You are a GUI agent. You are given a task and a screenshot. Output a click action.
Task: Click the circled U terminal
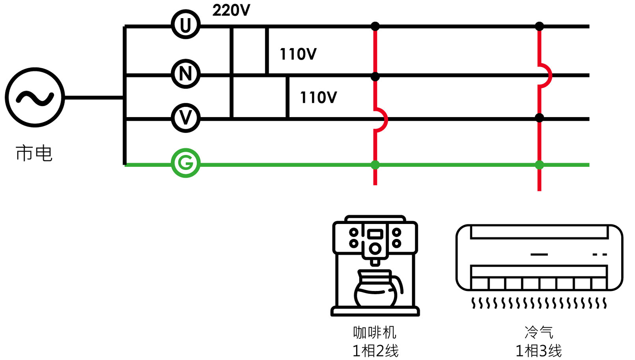pos(186,25)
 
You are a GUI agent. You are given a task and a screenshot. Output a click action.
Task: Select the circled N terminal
pos(186,74)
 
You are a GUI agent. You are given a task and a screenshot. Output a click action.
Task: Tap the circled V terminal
pos(186,118)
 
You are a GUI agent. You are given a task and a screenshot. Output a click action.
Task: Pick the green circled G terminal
pos(186,163)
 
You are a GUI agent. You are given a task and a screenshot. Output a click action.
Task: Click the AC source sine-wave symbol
pos(35,97)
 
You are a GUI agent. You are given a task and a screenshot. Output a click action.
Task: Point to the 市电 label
pos(34,153)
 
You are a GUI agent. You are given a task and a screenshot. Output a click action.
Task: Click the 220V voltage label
pos(231,10)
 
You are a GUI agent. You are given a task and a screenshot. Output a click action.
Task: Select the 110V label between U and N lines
pos(298,54)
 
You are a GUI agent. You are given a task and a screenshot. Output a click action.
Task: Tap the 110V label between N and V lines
pos(318,98)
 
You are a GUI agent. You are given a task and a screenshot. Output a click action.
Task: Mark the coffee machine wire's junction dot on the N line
pos(375,76)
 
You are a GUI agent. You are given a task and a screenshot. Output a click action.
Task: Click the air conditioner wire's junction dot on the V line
pos(539,118)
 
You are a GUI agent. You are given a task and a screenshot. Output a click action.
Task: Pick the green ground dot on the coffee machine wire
pos(375,165)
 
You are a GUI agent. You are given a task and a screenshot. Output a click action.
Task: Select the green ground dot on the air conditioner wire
pos(539,165)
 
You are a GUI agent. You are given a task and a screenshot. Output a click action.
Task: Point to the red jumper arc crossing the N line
pos(546,75)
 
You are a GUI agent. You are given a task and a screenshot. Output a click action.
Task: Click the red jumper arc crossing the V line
pos(381,119)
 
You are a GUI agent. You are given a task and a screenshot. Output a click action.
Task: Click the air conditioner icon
pos(539,258)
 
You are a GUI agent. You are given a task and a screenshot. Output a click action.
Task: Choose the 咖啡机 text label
pos(375,333)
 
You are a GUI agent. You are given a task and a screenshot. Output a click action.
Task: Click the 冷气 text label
pos(539,333)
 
